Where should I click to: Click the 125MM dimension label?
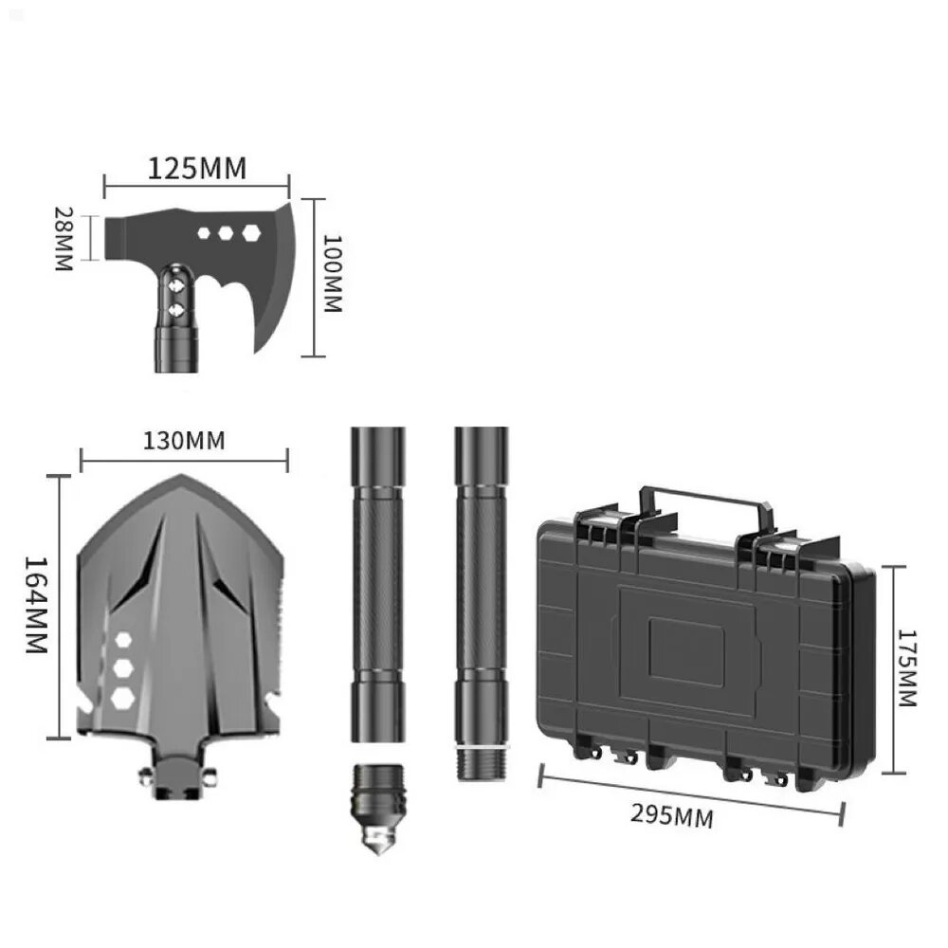coord(197,168)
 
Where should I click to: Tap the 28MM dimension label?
coord(64,238)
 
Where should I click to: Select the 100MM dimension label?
coord(333,273)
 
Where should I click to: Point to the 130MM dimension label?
coord(184,441)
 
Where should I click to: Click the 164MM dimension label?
coord(36,604)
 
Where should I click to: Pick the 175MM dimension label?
coord(907,668)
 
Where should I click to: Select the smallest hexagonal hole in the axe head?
coord(205,233)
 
